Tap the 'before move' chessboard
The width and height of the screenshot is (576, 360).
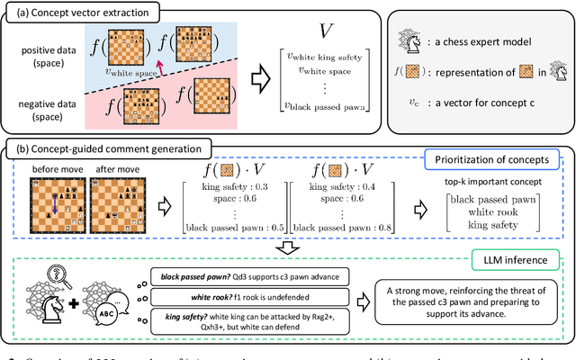tap(53, 207)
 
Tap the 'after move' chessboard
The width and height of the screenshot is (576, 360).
tap(113, 207)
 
